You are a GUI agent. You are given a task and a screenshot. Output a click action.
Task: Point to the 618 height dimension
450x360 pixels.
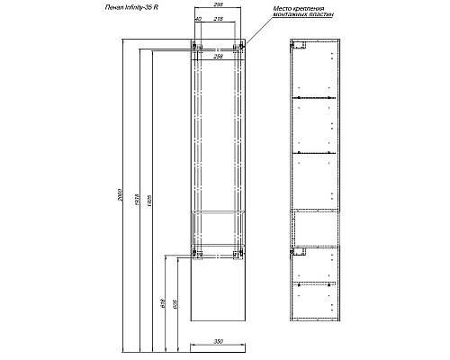pos(163,307)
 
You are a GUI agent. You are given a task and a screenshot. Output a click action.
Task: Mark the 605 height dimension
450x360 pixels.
pos(175,307)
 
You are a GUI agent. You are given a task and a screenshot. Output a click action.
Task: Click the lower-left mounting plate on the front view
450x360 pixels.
pos(194,254)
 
